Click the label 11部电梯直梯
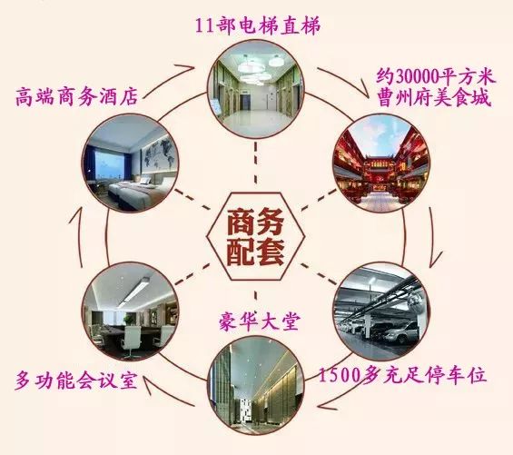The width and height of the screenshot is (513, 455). (x=258, y=25)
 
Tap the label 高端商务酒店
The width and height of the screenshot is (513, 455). (x=77, y=96)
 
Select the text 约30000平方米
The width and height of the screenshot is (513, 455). (x=436, y=77)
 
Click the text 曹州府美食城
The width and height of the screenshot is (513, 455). (x=434, y=98)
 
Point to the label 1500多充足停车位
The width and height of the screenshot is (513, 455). (x=402, y=375)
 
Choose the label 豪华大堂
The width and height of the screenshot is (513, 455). (x=259, y=322)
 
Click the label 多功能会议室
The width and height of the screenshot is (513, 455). (x=75, y=381)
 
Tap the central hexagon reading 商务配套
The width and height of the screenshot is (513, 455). (x=255, y=236)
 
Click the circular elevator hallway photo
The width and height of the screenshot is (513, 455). (x=256, y=90)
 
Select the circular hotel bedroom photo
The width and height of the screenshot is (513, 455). (x=131, y=163)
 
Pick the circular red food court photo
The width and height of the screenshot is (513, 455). (x=381, y=163)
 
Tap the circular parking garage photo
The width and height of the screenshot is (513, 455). (x=381, y=311)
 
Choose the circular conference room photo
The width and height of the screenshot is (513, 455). (x=131, y=311)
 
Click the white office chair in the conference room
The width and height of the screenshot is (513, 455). (x=132, y=341)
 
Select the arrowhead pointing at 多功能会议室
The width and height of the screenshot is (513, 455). (x=144, y=383)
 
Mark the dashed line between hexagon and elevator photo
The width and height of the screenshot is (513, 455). (x=255, y=166)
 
